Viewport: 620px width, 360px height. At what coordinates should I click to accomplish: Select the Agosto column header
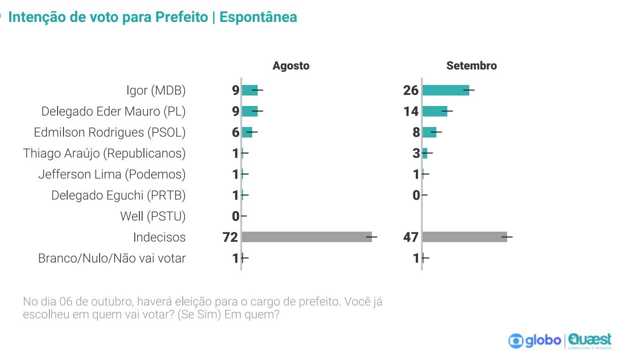(x=291, y=66)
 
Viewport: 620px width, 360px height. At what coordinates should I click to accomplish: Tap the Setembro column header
(x=472, y=66)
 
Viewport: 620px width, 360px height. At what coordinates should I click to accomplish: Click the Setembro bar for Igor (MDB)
(x=446, y=90)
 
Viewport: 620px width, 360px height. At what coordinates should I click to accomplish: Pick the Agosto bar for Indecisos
(x=307, y=237)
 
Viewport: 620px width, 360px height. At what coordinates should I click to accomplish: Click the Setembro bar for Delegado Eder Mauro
(x=435, y=111)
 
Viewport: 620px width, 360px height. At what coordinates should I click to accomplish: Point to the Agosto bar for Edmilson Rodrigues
(x=247, y=132)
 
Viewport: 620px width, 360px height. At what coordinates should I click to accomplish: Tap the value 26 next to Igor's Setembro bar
(x=411, y=90)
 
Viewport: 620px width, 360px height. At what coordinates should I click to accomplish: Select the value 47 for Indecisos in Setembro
(x=411, y=238)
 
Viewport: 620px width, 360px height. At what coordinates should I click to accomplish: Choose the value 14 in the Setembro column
(x=411, y=111)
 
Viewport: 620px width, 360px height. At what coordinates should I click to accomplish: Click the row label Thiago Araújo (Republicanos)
(x=104, y=154)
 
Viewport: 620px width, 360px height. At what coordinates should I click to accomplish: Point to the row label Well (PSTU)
(x=153, y=216)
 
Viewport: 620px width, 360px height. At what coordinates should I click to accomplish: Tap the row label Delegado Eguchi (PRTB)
(x=118, y=196)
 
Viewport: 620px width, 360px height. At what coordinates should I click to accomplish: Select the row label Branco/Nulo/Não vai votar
(x=112, y=258)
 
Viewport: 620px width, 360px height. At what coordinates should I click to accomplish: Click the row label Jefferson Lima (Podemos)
(x=112, y=175)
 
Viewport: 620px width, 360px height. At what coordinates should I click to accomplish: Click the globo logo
(x=535, y=341)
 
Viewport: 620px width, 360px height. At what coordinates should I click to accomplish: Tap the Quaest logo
(x=589, y=341)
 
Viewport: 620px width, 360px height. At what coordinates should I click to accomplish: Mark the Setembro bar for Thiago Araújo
(x=425, y=154)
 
